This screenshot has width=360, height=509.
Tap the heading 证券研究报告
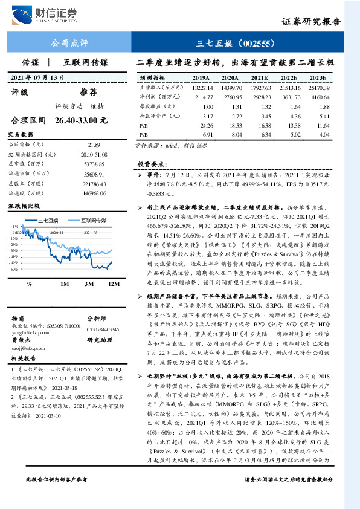[310, 22]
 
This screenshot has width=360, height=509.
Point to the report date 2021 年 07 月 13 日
[37, 78]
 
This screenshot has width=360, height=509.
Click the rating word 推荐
[88, 92]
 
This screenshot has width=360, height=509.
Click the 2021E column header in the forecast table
[260, 79]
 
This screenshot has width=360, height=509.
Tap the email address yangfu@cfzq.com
[30, 331]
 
